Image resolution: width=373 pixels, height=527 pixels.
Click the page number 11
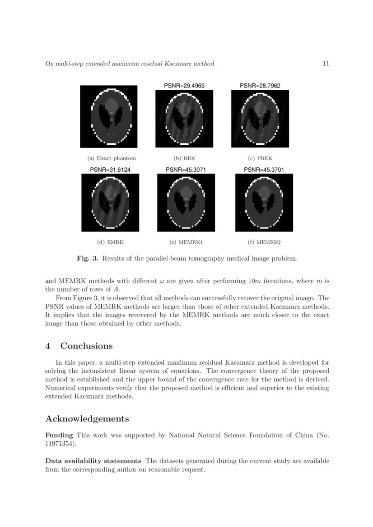[326, 64]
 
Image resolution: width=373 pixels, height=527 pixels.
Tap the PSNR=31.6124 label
[110, 170]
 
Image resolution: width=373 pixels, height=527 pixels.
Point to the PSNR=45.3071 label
[186, 170]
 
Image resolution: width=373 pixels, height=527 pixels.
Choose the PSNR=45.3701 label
[264, 170]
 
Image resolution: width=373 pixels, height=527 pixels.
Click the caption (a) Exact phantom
[112, 158]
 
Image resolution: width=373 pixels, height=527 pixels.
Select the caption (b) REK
[184, 158]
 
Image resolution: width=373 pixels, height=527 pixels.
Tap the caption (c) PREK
[260, 158]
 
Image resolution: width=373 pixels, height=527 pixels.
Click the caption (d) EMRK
[110, 242]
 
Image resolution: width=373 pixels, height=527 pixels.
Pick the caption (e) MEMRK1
[186, 242]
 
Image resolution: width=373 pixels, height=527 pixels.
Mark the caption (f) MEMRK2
[264, 242]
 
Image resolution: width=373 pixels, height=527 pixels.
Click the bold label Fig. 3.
[88, 258]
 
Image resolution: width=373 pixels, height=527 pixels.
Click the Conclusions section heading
[86, 346]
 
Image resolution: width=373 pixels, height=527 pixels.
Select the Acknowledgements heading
[87, 419]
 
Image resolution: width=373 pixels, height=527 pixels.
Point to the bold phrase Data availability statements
[93, 461]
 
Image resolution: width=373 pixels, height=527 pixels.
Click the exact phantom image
[108, 116]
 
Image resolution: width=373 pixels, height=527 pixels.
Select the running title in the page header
[130, 64]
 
